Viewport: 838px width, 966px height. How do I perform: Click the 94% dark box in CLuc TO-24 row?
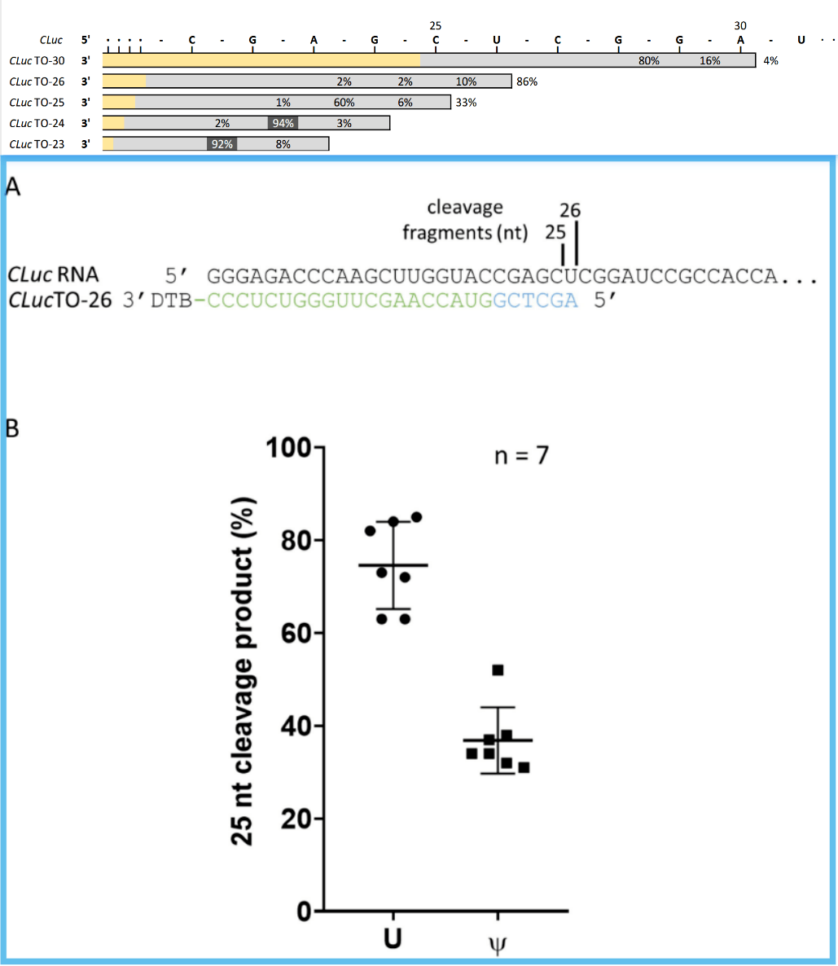click(283, 123)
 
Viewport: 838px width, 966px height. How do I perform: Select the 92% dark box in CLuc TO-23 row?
click(222, 143)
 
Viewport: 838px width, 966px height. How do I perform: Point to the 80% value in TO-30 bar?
click(649, 60)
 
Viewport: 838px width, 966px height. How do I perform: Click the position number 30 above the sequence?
click(739, 26)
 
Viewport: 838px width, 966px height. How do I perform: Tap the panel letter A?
click(12, 187)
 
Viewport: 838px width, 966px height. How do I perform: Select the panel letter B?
click(12, 428)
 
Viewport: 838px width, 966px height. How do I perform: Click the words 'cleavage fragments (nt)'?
click(465, 221)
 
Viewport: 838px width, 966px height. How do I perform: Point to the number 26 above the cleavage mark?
click(570, 210)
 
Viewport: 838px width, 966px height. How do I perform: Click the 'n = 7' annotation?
click(521, 455)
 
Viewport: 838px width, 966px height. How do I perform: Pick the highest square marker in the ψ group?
click(498, 670)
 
